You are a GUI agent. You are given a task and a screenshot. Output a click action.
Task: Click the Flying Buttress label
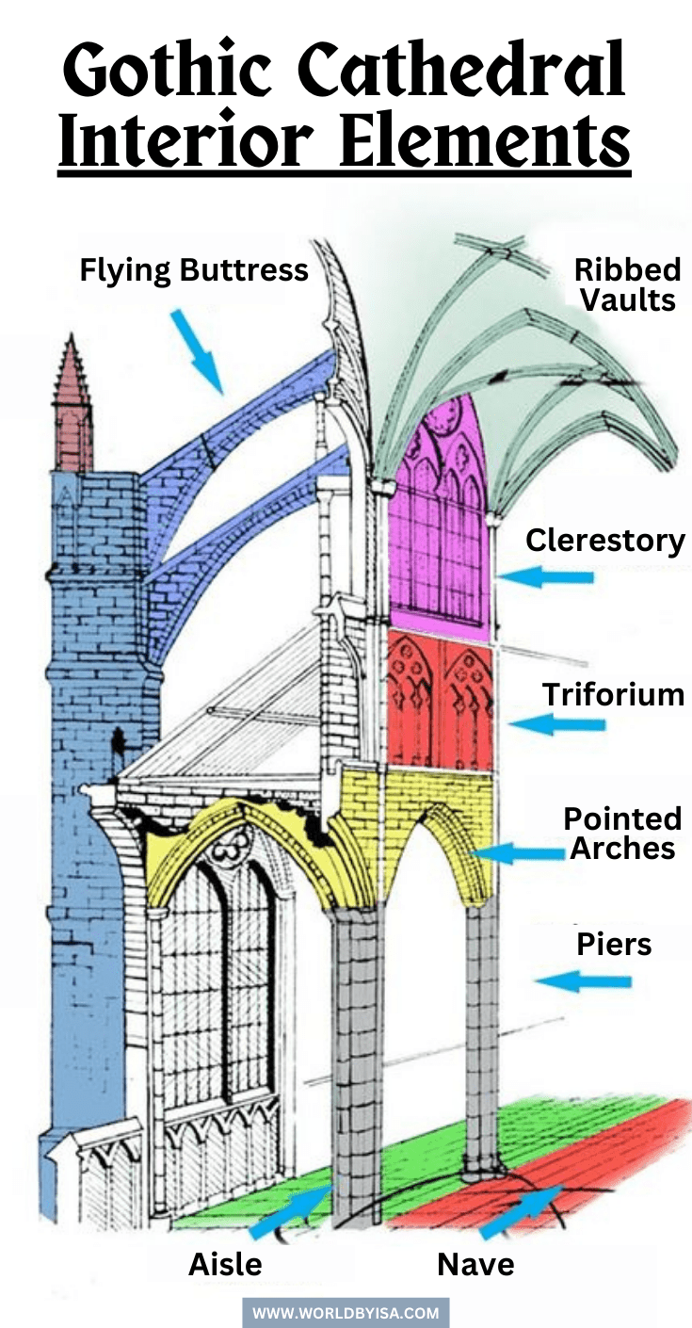click(193, 270)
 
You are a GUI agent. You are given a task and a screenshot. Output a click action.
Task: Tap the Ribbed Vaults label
click(627, 284)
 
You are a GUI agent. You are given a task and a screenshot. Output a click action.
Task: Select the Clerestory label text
click(604, 541)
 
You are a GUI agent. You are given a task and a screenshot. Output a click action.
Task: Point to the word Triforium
click(613, 695)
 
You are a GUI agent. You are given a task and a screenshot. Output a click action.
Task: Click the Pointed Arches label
click(621, 833)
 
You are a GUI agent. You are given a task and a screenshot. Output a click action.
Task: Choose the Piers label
click(614, 944)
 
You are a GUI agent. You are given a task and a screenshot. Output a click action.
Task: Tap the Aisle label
click(226, 1264)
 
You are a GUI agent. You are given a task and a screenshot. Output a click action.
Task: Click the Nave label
click(475, 1264)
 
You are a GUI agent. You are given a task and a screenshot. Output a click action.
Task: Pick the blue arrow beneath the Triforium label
click(556, 724)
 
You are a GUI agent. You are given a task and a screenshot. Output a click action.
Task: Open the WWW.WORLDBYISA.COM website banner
click(346, 1312)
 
